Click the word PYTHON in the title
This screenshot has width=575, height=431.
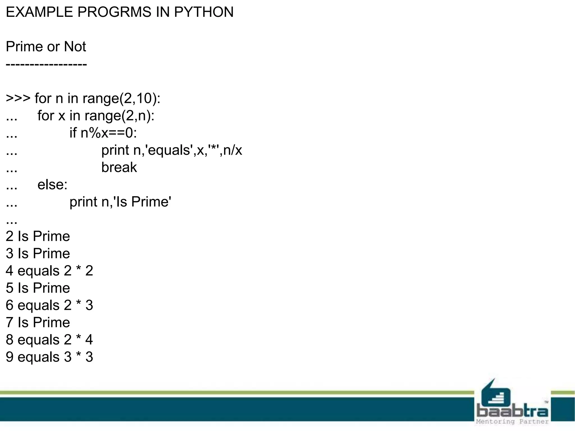tap(204, 12)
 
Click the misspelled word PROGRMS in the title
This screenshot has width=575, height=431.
tap(114, 12)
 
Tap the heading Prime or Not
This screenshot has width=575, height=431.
tap(46, 47)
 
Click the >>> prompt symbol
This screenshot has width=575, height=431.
tap(18, 98)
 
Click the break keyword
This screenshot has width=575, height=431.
tap(119, 168)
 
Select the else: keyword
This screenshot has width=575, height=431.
tap(53, 185)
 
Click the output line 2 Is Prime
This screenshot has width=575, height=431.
tap(38, 236)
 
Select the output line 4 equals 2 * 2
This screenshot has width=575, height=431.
tap(49, 271)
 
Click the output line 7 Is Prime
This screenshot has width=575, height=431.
tap(38, 322)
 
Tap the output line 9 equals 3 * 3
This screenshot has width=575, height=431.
tap(49, 357)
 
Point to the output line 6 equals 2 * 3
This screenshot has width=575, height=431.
tap(49, 305)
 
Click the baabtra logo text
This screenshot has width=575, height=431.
tap(512, 411)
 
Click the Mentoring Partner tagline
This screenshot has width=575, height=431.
tap(512, 422)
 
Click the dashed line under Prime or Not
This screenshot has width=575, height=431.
tap(46, 65)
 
